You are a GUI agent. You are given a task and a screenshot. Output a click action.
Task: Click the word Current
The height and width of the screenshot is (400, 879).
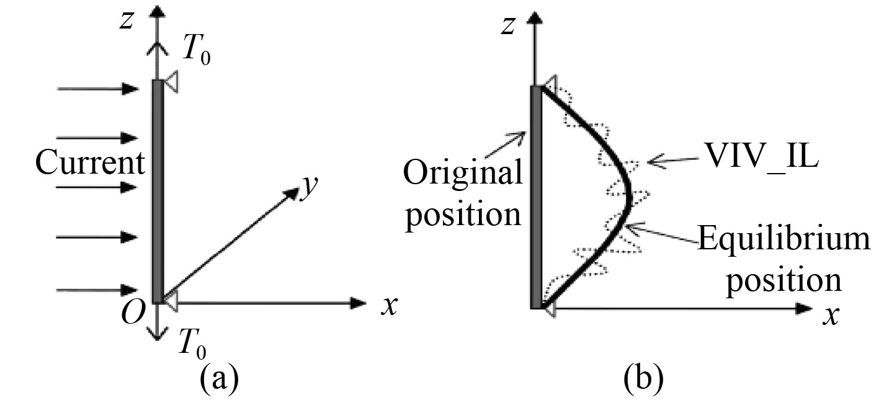click(90, 164)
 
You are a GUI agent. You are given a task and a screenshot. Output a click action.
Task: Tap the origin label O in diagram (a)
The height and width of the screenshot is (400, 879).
click(133, 315)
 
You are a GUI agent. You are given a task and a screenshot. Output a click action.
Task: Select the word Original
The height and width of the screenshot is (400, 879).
click(463, 175)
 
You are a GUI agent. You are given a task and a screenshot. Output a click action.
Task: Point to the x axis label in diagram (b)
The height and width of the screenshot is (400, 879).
click(829, 317)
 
